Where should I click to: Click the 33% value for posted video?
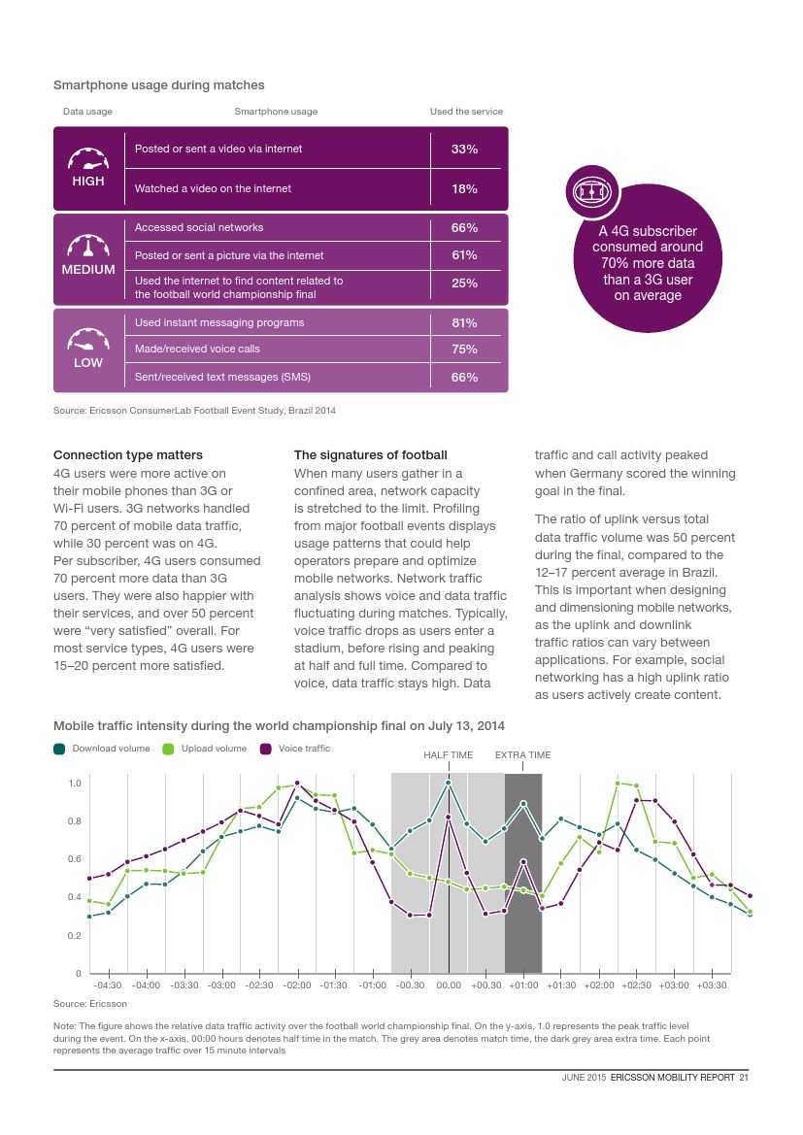point(464,150)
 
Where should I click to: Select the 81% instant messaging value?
point(464,322)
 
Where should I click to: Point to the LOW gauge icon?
point(88,340)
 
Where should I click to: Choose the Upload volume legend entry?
point(214,749)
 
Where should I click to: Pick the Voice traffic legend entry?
point(304,749)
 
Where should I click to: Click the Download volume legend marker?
point(60,749)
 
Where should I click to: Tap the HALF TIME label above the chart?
point(449,755)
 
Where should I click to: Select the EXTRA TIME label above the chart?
point(522,755)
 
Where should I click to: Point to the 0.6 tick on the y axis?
point(74,859)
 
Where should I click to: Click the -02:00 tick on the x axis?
point(297,985)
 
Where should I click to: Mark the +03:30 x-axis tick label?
point(712,985)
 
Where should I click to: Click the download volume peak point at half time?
point(449,783)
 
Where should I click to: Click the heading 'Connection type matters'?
point(128,455)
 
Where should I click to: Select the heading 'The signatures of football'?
point(371,455)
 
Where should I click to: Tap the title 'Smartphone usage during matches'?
point(158,85)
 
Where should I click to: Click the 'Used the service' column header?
point(466,112)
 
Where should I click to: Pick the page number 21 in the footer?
point(744,1076)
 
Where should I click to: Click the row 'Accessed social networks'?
point(199,227)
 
